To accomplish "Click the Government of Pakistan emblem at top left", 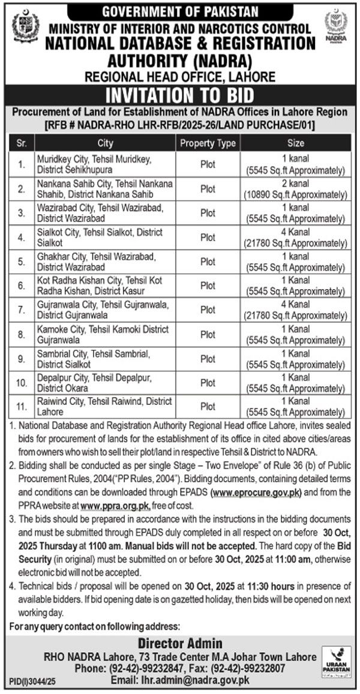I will [25, 28].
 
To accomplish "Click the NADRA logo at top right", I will [336, 28].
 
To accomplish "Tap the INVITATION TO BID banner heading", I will [179, 95].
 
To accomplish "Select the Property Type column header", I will [208, 143].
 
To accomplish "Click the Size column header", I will [296, 143].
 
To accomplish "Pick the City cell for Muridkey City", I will [104, 164].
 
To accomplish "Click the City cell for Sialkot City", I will [104, 238].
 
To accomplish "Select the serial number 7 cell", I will [22, 310].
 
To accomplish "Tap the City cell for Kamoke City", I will [104, 334].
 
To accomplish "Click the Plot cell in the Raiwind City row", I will [208, 407].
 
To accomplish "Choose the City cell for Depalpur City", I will [104, 383].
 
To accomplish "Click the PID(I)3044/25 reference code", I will [28, 682].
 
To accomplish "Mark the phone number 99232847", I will [140, 668].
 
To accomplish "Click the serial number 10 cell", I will [22, 383].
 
